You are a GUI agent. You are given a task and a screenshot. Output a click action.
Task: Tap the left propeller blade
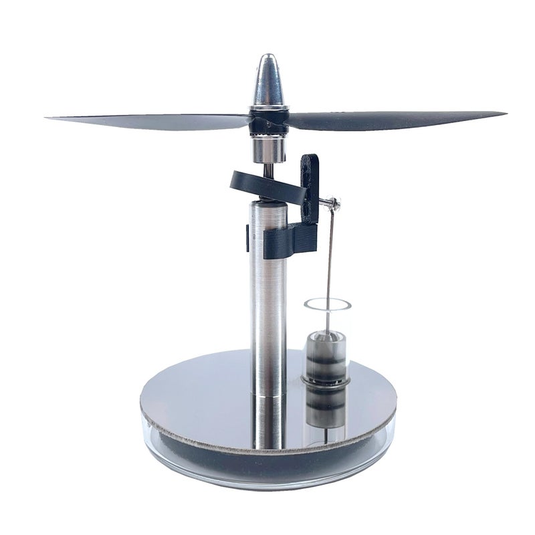[154, 121]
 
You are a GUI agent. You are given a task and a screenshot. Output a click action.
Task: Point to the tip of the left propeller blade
[51, 118]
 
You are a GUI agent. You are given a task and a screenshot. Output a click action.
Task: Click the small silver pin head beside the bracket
[334, 201]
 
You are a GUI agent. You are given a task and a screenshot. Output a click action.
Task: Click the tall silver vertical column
[269, 301]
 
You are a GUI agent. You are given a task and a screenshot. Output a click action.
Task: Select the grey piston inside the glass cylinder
[326, 354]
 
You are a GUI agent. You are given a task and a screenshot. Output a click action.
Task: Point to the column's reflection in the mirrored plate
[270, 421]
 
